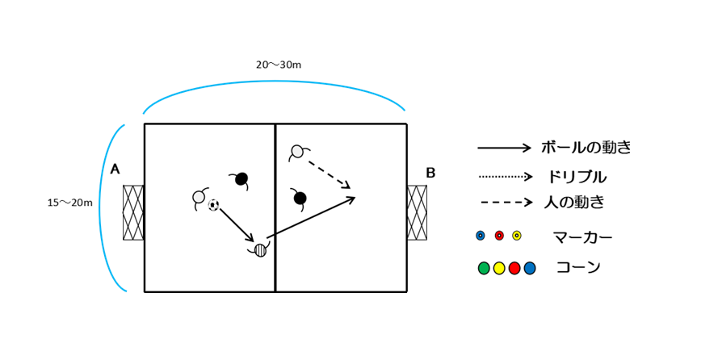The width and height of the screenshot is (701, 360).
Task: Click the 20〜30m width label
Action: point(279,65)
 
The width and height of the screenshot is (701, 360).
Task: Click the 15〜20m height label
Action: point(69,203)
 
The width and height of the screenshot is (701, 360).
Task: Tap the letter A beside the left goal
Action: point(115,170)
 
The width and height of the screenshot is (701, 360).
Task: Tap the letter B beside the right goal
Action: point(430,173)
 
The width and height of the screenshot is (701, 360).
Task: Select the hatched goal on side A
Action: point(133,212)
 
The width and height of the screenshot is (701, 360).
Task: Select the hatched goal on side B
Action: point(417,212)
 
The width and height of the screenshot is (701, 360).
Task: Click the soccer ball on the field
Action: point(213,205)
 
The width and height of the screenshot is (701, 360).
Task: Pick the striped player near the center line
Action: point(260,250)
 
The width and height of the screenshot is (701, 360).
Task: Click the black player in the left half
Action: point(241,178)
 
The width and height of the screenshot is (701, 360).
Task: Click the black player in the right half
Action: point(300,198)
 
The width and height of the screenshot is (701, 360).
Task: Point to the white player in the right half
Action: point(297,152)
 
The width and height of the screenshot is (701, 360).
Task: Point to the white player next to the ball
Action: point(199,197)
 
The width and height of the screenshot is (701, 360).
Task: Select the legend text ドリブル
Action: point(577,177)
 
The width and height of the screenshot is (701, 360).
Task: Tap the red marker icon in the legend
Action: point(499,236)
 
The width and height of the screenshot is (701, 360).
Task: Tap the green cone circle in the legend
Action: point(484,268)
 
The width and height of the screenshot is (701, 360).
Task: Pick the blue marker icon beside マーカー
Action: point(481,236)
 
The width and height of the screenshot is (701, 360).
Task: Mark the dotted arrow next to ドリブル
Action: point(506,177)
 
